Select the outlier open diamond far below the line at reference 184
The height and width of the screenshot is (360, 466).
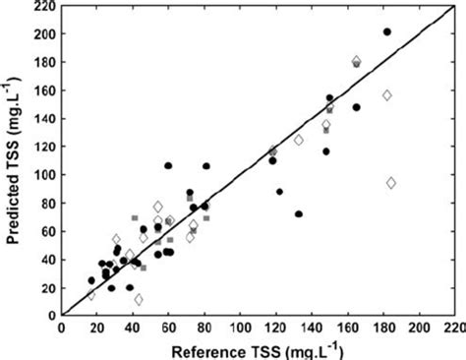[x=391, y=183]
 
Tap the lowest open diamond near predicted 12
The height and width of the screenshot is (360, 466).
[x=138, y=299]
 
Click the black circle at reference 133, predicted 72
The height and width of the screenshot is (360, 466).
[x=299, y=213]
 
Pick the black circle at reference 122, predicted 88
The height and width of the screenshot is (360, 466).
[x=279, y=192]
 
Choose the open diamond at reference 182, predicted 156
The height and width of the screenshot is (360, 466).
[x=387, y=95]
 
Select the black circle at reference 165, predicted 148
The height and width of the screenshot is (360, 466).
[x=357, y=107]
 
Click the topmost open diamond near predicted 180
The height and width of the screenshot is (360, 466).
[x=356, y=61]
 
